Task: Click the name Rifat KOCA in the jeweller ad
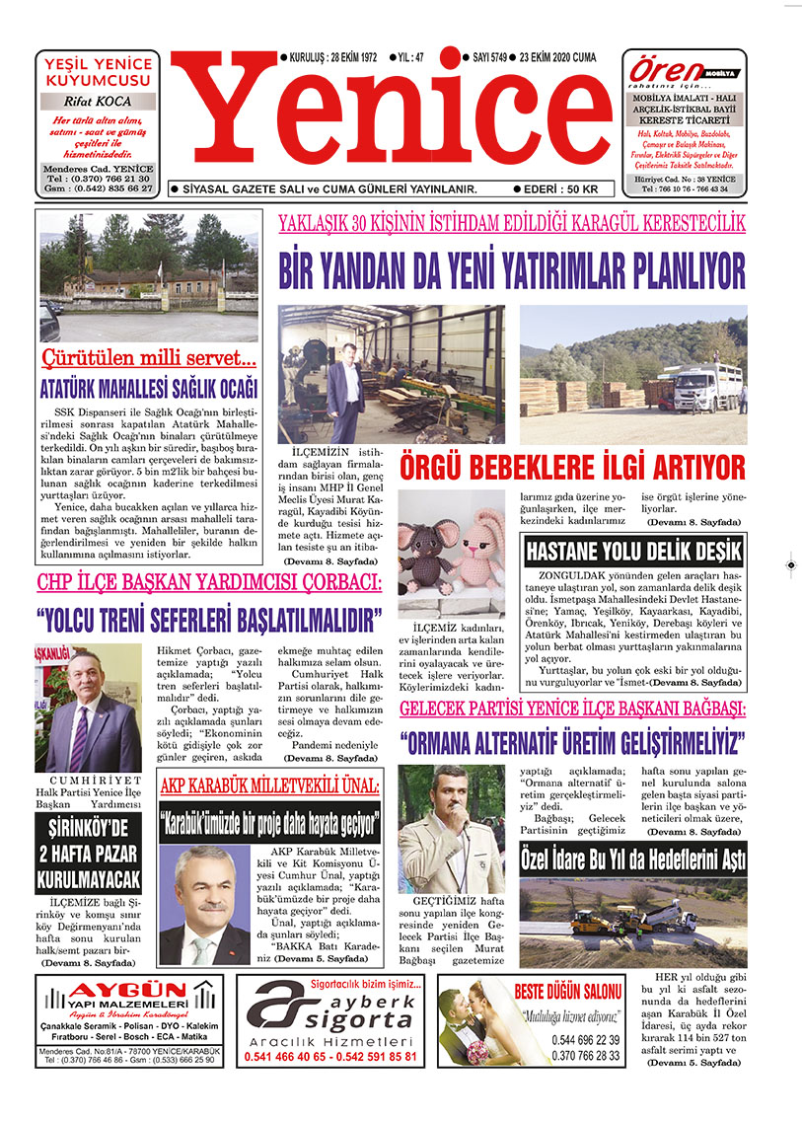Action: (98, 101)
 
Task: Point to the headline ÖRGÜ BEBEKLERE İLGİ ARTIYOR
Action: (572, 466)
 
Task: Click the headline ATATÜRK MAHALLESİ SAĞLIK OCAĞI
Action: (148, 387)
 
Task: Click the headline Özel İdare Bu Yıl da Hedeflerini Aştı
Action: (632, 859)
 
